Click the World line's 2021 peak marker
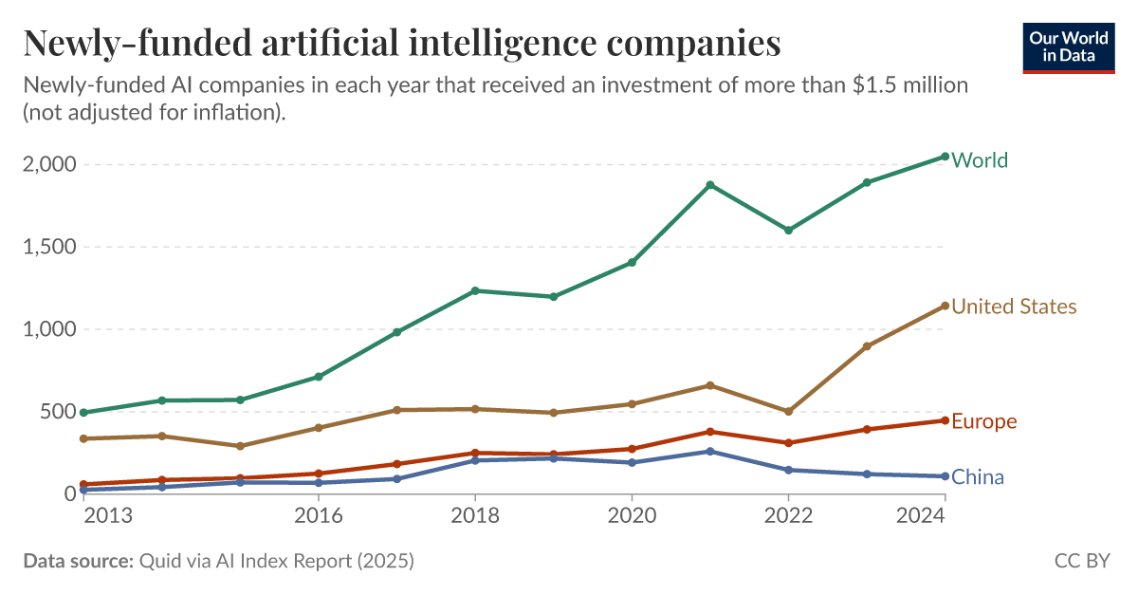[709, 185]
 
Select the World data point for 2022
[788, 230]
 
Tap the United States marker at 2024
[945, 306]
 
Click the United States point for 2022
[788, 412]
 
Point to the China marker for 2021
[709, 451]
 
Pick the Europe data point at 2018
[475, 453]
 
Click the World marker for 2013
[83, 413]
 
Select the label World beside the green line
[980, 160]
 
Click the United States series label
[1014, 307]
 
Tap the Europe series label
[983, 421]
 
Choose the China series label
[978, 477]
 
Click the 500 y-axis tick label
[58, 412]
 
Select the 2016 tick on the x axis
[319, 515]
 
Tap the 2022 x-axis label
[788, 515]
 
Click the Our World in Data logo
[1068, 46]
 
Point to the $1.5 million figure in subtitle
[909, 85]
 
